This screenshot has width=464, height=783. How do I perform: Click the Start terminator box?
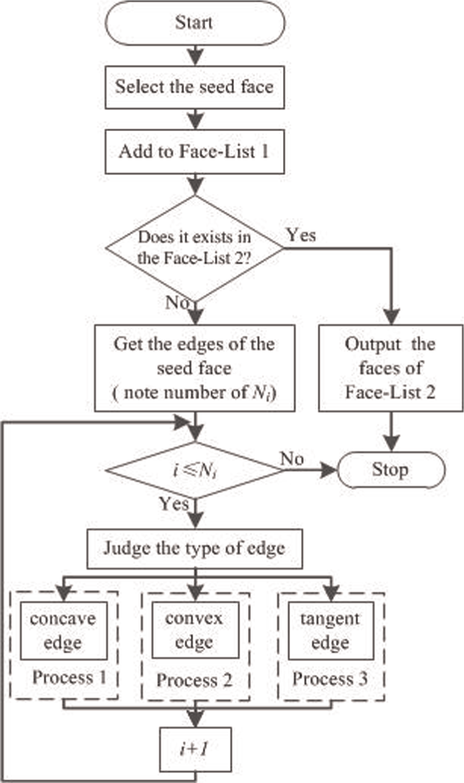[x=195, y=23]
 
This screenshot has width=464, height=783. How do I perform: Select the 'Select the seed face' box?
[x=195, y=87]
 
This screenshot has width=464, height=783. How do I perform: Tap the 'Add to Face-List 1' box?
[x=195, y=152]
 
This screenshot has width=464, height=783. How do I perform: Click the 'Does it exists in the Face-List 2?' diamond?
[x=195, y=248]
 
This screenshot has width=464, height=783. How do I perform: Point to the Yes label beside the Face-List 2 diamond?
[x=301, y=235]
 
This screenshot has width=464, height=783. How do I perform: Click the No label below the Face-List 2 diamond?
[x=177, y=302]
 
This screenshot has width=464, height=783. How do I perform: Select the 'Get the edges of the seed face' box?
[x=195, y=368]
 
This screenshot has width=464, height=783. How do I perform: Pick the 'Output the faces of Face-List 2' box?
[x=390, y=368]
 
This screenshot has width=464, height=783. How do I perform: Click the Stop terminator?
[x=391, y=470]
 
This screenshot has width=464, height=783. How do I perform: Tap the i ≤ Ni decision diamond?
[x=195, y=470]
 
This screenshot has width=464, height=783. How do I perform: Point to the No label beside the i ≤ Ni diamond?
[x=292, y=459]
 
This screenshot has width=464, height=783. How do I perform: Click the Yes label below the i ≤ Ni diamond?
[x=174, y=504]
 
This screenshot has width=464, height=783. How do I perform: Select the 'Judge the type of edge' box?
[x=195, y=549]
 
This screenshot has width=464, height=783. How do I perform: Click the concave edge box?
[x=64, y=631]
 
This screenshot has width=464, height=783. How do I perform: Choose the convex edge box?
[x=195, y=630]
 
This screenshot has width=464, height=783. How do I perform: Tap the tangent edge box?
[x=331, y=631]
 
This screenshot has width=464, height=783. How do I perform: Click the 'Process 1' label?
[x=69, y=678]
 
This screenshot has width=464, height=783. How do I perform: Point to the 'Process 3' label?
[x=330, y=679]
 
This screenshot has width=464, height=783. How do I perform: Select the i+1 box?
[x=195, y=750]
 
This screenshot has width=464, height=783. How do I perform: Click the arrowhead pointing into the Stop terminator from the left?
[x=329, y=470]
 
